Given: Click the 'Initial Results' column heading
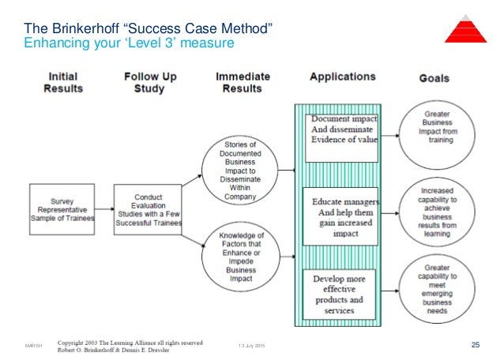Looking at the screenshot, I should click(x=62, y=83).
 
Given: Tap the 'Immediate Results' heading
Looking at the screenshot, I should click(x=243, y=83).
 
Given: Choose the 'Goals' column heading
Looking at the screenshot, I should click(x=433, y=79).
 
